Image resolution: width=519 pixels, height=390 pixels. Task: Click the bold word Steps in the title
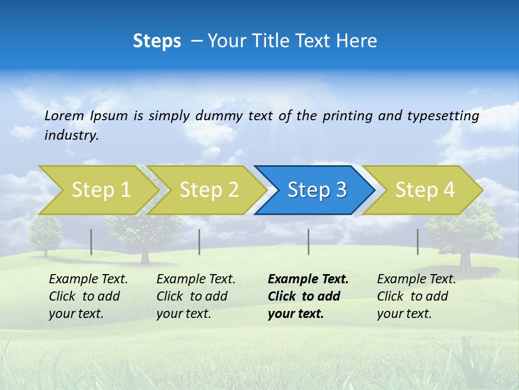[157, 41]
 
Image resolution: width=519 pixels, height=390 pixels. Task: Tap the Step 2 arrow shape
[209, 190]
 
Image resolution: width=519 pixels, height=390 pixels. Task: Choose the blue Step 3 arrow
[317, 190]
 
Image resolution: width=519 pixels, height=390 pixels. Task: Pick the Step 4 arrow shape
[425, 190]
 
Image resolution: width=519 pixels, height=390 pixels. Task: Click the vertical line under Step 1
[91, 242]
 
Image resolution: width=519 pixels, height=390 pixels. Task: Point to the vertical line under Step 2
[199, 242]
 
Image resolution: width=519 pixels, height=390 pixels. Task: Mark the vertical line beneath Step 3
[309, 242]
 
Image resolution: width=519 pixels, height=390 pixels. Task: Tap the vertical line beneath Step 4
[418, 242]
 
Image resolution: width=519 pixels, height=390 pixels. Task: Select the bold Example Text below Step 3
[308, 296]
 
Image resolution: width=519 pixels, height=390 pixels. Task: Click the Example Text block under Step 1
[88, 296]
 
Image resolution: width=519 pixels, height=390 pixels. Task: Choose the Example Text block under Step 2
[196, 296]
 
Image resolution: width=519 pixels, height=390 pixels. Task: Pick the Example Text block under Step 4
[416, 296]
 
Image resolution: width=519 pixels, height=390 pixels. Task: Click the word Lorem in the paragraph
[64, 115]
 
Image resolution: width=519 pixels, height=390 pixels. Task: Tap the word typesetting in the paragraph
[443, 116]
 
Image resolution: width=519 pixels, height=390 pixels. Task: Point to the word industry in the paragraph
[71, 135]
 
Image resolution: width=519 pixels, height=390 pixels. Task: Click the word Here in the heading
[356, 41]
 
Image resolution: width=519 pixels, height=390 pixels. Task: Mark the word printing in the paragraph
[345, 116]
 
